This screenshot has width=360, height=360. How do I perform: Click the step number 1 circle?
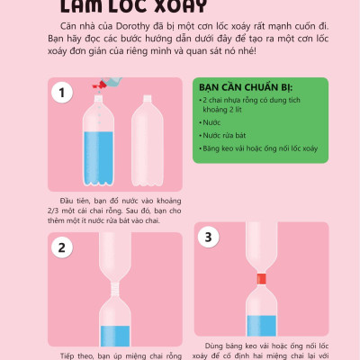pyautogui.click(x=62, y=92)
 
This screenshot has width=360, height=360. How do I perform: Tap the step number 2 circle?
pyautogui.click(x=62, y=247)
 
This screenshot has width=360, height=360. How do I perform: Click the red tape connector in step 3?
pyautogui.click(x=265, y=276)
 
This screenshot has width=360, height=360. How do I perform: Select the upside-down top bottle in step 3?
pyautogui.click(x=265, y=243)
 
